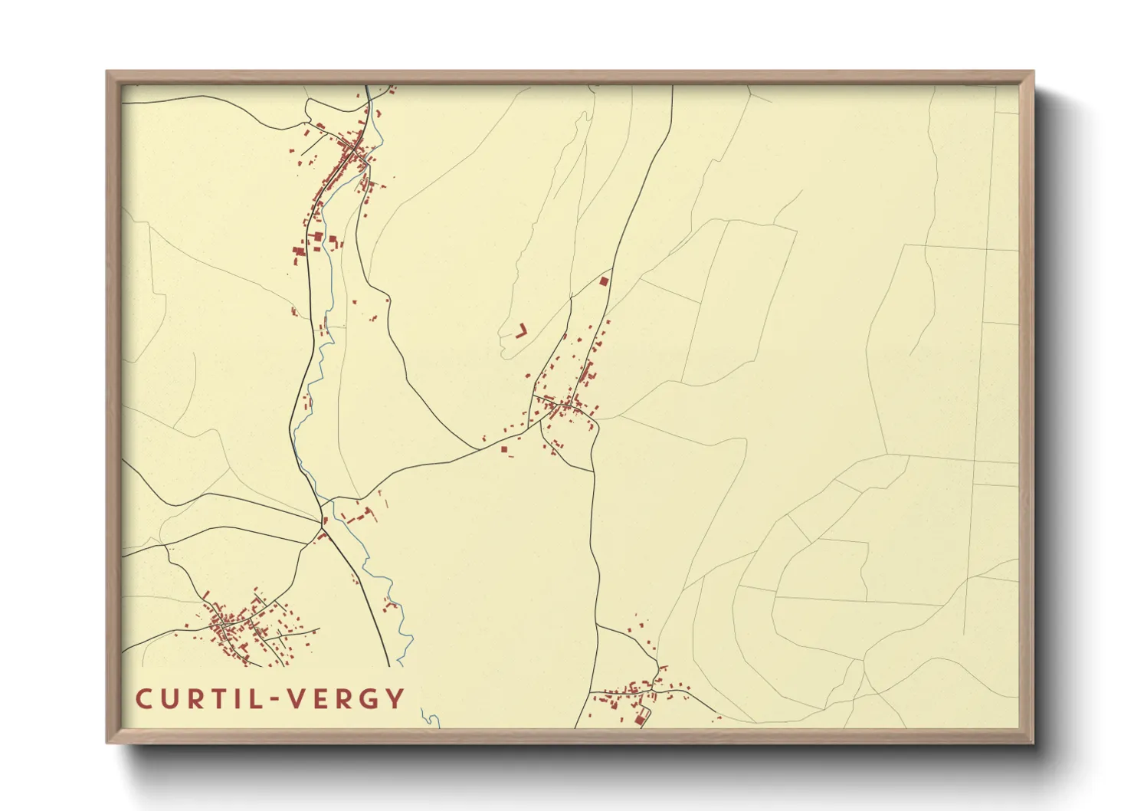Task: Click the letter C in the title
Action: (144, 699)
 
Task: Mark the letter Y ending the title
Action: (396, 699)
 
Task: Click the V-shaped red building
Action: (523, 330)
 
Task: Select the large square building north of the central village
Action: (604, 281)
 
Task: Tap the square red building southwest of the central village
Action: (504, 450)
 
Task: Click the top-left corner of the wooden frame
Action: (107, 72)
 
